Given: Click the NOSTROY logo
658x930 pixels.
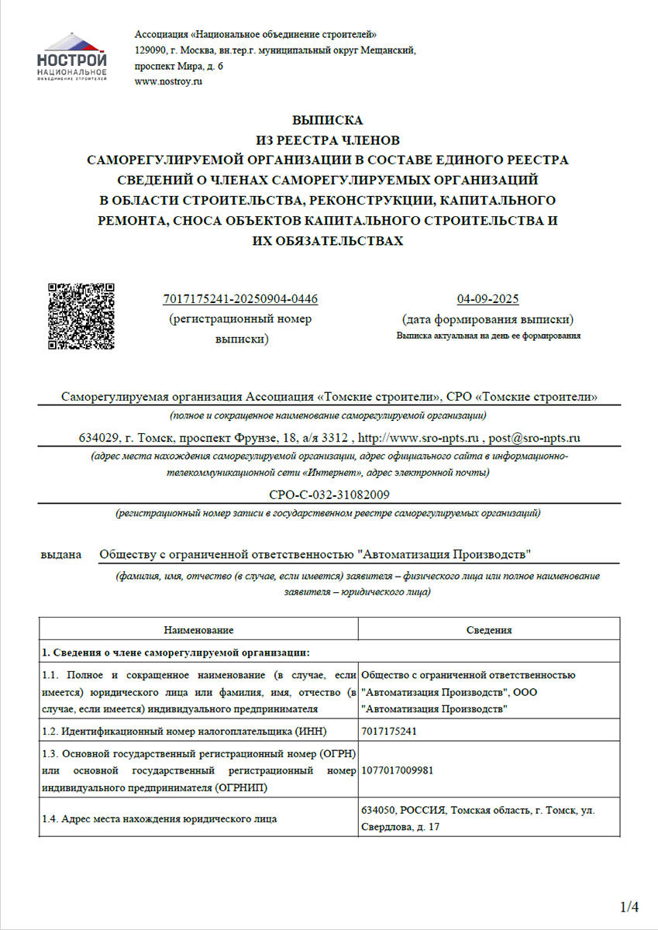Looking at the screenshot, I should [x=72, y=57].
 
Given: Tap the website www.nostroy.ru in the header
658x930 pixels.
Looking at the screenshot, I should [x=168, y=81].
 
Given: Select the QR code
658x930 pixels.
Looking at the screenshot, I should [x=81, y=316].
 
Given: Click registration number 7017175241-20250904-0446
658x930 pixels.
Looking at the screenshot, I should [x=240, y=299].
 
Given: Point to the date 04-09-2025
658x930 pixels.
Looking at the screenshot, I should [x=487, y=299].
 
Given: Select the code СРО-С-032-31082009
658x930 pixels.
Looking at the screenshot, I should [x=329, y=494].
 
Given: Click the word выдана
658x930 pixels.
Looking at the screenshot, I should [x=61, y=555].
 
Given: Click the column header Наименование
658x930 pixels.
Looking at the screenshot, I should [x=198, y=630].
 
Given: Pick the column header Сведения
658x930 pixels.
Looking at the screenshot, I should [x=488, y=630].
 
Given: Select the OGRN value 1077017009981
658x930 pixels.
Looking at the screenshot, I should [x=397, y=771].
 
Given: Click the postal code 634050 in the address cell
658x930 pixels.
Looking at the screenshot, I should [x=378, y=810].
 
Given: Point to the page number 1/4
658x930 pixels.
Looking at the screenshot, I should [x=629, y=906].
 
